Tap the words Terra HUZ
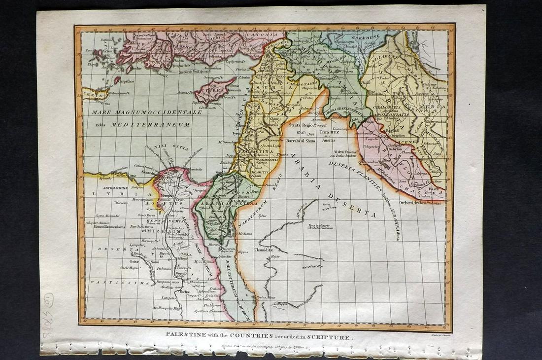(x=330, y=132)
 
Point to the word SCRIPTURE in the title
(x=329, y=337)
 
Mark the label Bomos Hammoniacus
(x=105, y=227)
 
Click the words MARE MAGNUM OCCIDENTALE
(x=147, y=112)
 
